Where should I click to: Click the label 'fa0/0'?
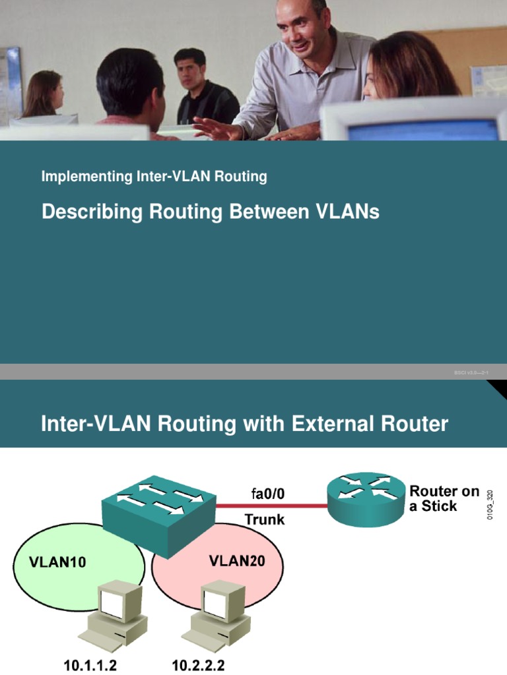point(268,493)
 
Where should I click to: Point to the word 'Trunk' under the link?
point(265,519)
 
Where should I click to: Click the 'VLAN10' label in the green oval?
point(57,562)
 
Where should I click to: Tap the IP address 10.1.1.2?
point(94,665)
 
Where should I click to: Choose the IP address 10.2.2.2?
point(198,665)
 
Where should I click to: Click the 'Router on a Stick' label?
point(444,498)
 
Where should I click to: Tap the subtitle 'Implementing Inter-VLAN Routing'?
point(154,176)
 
